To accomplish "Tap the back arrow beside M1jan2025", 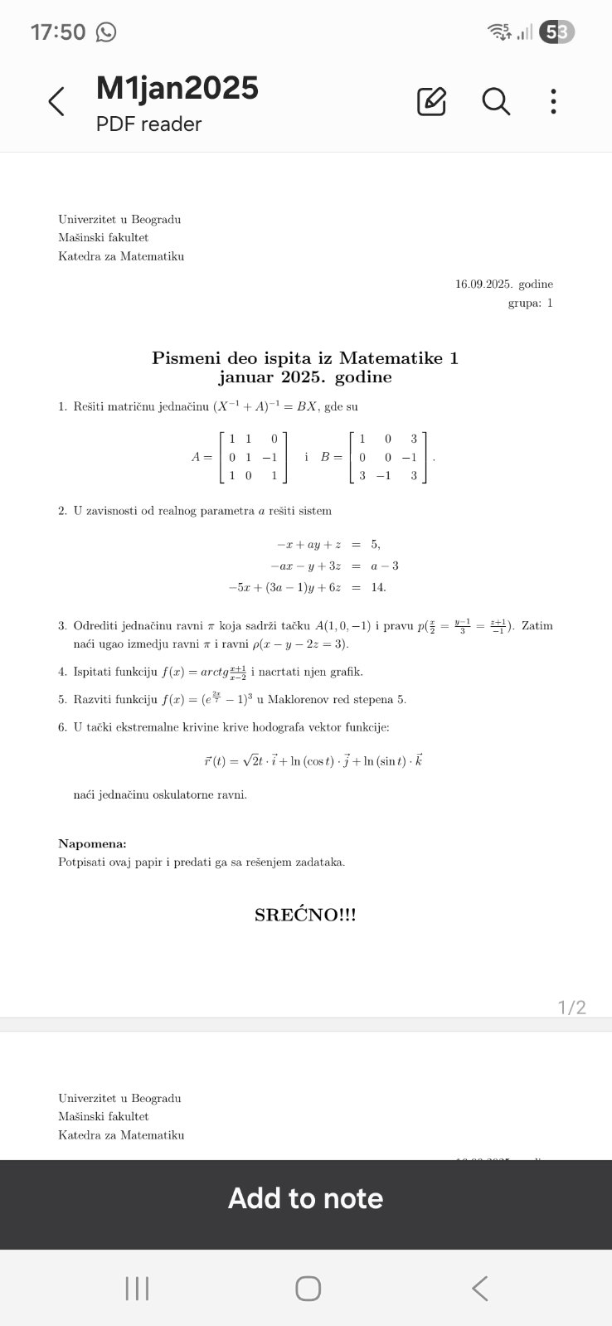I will tap(56, 102).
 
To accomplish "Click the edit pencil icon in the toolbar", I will tap(431, 101).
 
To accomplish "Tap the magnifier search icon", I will tap(496, 101).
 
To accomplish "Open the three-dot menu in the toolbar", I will tap(553, 101).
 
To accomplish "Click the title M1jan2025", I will tap(177, 88).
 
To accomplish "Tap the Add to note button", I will tap(305, 1198).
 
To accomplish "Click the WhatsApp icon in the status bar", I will tap(106, 32).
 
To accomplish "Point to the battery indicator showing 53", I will tap(556, 32).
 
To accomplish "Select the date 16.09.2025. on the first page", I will tap(484, 284).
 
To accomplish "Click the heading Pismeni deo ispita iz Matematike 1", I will tap(305, 358).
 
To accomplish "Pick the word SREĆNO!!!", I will tap(305, 916).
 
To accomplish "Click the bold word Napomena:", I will tap(92, 844).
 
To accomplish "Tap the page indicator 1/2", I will tap(571, 1008).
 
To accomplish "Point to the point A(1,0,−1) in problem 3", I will tap(347, 625).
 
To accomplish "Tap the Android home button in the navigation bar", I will tap(308, 1289).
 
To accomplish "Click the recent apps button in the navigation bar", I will tap(137, 1289).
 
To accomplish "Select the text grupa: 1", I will tap(530, 303).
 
